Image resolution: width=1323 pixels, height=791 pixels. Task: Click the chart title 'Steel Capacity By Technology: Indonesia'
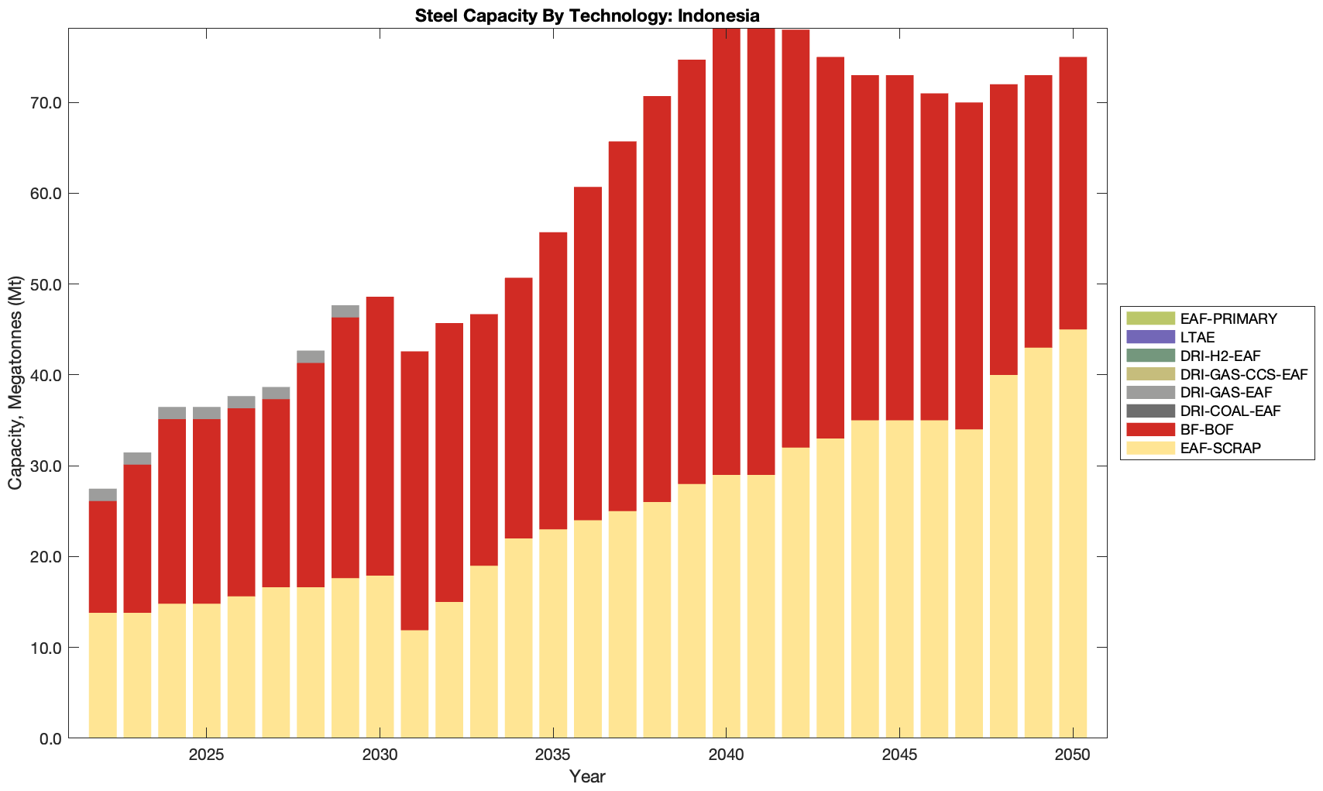click(587, 15)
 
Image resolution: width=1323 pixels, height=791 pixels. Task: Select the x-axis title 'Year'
click(587, 777)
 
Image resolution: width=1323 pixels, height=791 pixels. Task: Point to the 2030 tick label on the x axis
click(380, 755)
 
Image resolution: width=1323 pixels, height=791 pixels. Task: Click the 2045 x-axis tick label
click(899, 755)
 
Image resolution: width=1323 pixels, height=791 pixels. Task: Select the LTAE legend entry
click(1198, 337)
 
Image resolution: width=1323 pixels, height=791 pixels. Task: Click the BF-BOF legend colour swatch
click(1151, 429)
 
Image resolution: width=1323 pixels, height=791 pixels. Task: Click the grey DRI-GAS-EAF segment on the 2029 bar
click(345, 311)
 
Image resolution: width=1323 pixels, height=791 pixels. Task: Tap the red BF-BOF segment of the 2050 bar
click(1073, 194)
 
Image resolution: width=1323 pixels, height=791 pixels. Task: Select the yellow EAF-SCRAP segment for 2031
click(414, 683)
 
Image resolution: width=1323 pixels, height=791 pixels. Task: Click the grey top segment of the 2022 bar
click(103, 495)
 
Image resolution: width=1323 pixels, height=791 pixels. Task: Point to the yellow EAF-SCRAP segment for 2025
click(207, 670)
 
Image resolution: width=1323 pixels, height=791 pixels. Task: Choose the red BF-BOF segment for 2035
click(553, 380)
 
